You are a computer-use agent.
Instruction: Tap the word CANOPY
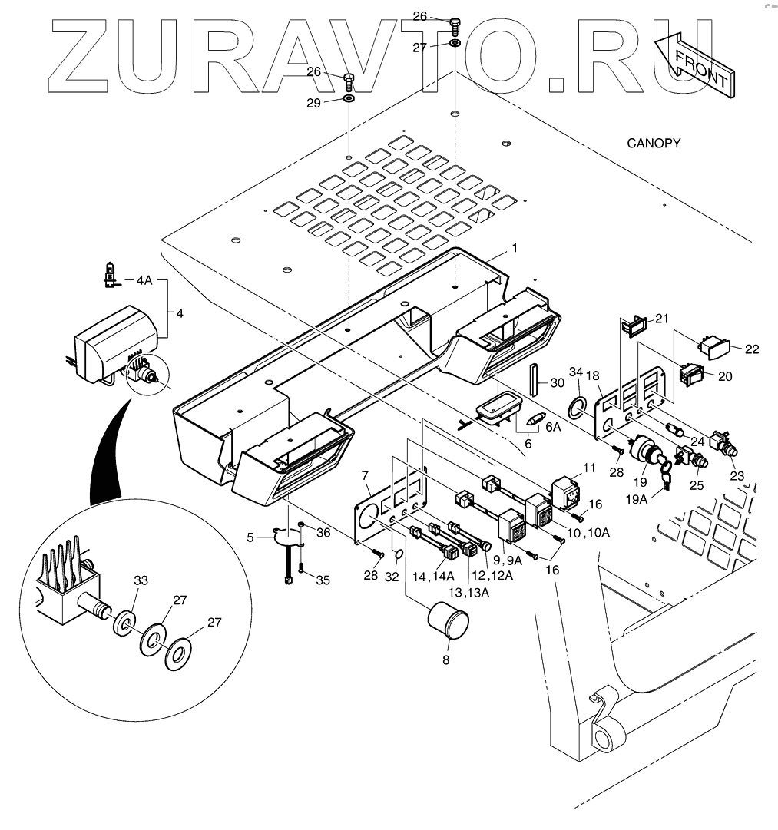click(x=654, y=143)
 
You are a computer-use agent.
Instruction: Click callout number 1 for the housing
click(x=515, y=248)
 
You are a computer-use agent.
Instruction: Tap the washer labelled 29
click(x=348, y=99)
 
